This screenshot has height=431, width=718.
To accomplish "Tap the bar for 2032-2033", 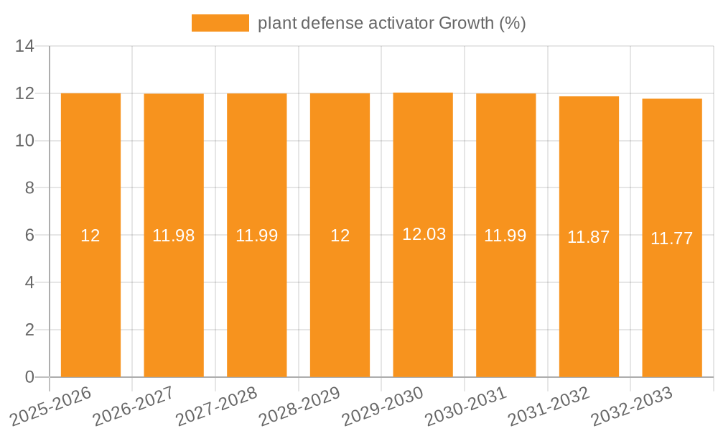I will (672, 302).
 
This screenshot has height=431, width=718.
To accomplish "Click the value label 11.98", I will (174, 236).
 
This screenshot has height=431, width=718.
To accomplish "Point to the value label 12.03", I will (424, 234).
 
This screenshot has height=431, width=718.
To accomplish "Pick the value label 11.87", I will (589, 238).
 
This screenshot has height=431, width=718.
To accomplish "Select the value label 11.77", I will (672, 239).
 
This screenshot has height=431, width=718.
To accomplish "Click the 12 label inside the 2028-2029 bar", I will (340, 236).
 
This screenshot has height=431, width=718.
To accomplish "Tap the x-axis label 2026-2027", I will (134, 406).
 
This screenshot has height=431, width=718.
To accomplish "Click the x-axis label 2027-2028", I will (217, 406).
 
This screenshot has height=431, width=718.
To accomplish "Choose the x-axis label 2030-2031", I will (466, 406).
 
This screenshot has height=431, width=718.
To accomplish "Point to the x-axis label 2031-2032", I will (549, 406).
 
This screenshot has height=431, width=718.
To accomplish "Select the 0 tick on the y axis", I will (29, 377).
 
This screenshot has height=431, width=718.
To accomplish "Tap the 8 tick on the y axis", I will (29, 188).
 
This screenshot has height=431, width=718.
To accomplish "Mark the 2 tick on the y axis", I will (29, 330).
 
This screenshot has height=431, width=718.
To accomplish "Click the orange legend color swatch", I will (220, 23).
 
